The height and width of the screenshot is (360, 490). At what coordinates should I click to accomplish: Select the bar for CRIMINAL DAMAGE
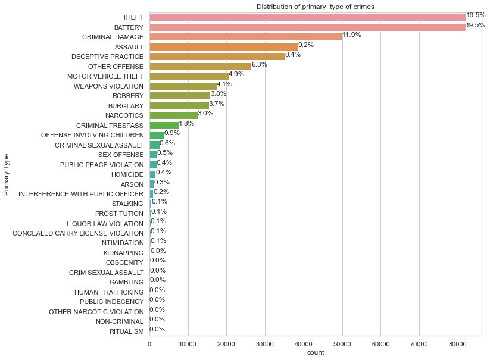(245, 37)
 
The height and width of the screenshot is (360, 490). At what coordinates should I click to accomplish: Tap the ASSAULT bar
(223, 46)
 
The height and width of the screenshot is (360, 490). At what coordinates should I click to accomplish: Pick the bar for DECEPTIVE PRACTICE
(217, 57)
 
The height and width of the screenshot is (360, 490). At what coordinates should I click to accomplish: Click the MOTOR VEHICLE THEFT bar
(189, 76)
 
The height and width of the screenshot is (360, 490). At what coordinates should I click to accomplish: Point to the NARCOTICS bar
(173, 115)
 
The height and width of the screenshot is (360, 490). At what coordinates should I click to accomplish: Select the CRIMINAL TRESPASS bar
(164, 125)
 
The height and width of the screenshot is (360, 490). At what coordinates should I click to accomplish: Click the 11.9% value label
(352, 35)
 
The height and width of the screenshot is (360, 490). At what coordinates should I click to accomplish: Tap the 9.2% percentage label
(306, 45)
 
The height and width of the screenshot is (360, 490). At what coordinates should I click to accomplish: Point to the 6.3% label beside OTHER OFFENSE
(259, 64)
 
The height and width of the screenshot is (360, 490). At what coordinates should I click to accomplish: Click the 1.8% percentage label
(186, 123)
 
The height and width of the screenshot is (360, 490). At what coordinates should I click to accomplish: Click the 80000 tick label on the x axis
(458, 343)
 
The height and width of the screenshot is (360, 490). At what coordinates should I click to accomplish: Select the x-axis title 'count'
(315, 353)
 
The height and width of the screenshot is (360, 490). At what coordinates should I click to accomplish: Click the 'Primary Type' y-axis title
(7, 174)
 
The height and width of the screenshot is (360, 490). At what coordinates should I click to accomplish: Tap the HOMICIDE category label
(127, 174)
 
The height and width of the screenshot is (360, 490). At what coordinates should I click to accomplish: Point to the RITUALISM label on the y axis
(126, 331)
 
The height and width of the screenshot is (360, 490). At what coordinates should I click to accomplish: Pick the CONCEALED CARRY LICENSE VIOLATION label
(78, 233)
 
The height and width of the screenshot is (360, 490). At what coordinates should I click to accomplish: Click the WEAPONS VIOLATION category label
(108, 86)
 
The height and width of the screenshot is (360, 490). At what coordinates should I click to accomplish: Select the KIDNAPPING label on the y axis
(123, 253)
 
